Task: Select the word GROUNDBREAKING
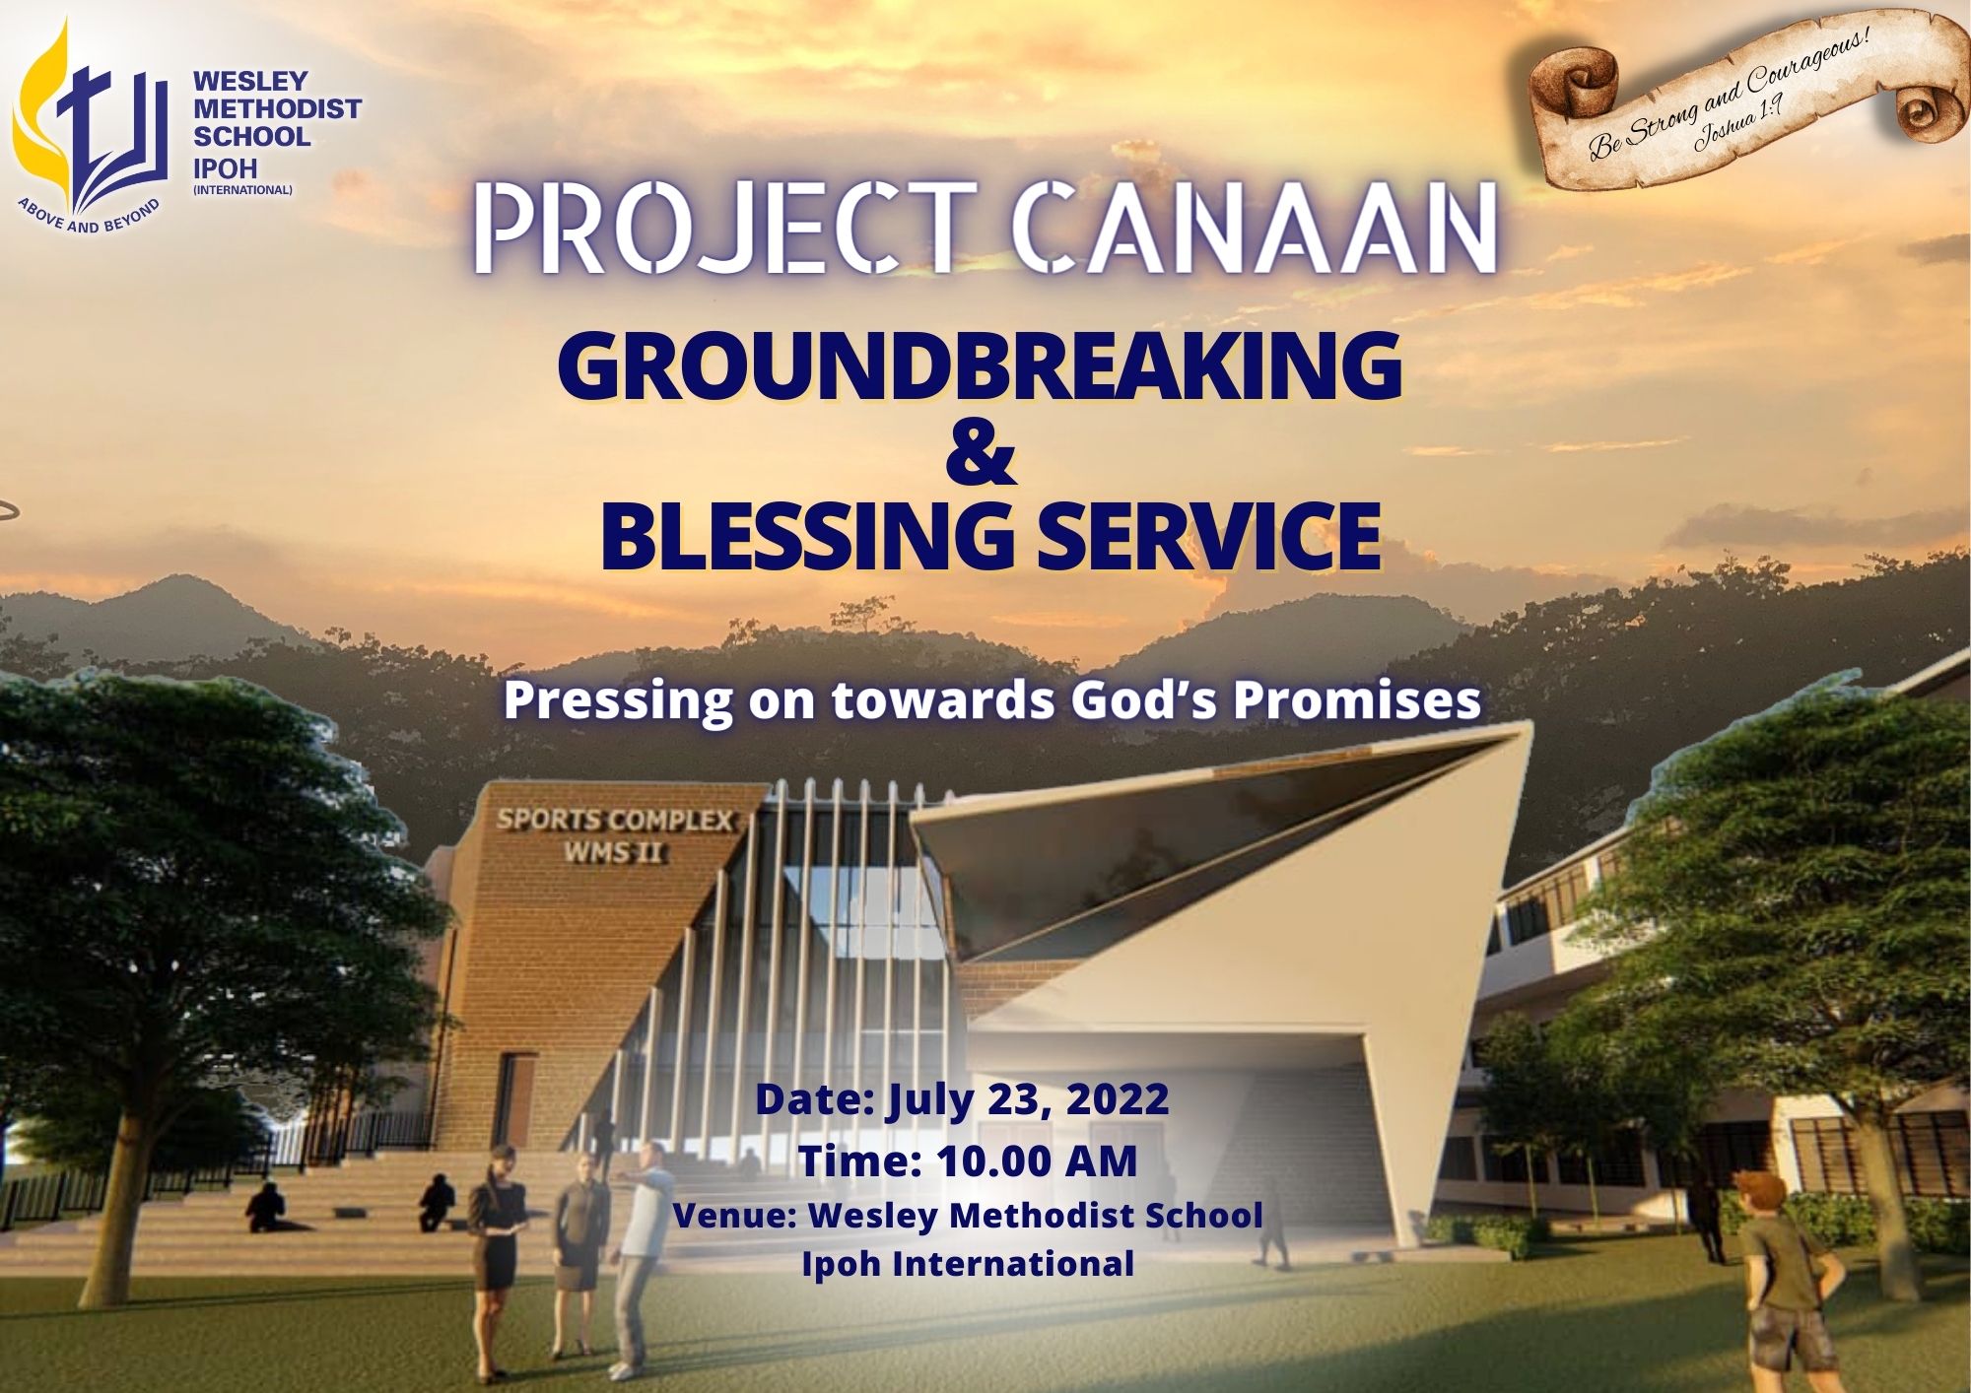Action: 980,366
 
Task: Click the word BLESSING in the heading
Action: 806,537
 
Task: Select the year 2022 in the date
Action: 1117,1098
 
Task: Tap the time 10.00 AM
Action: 1037,1161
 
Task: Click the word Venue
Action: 733,1215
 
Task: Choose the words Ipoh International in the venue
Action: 968,1263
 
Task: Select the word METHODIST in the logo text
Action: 277,108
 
